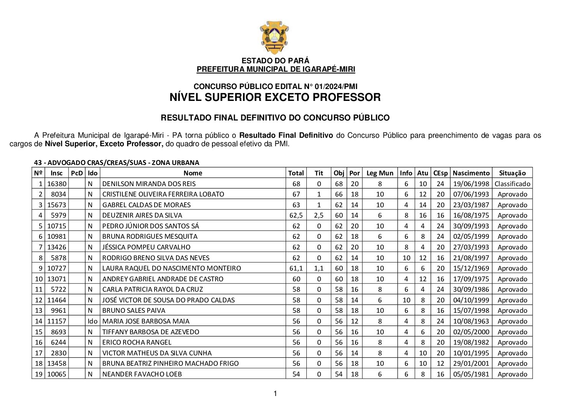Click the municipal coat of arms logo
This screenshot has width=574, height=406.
(274, 38)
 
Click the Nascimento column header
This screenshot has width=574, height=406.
(471, 173)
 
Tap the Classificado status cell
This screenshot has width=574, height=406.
(512, 184)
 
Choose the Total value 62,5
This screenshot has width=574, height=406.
(296, 215)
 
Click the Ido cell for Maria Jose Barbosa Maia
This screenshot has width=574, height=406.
(92, 321)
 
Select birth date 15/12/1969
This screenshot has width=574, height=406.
(471, 268)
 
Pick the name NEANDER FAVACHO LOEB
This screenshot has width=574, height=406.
(142, 374)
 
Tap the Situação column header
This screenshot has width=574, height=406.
(512, 173)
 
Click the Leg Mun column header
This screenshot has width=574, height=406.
(380, 173)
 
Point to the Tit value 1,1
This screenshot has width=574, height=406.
(319, 268)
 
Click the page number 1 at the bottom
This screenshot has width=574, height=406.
(275, 393)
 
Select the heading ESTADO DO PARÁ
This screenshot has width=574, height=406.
(275, 61)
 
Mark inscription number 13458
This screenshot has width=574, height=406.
(56, 363)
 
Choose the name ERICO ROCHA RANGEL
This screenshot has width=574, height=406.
(137, 342)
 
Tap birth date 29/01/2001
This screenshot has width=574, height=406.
(471, 363)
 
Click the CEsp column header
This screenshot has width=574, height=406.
(440, 173)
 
